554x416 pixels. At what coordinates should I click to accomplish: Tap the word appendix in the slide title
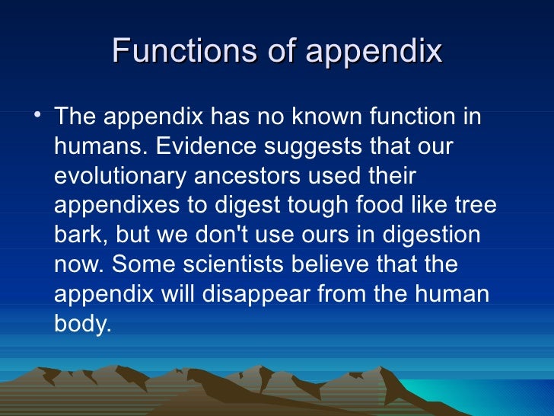tap(374, 53)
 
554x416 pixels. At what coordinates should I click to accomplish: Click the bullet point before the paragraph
tap(39, 115)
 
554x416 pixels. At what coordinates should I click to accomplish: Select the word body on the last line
tap(82, 325)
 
